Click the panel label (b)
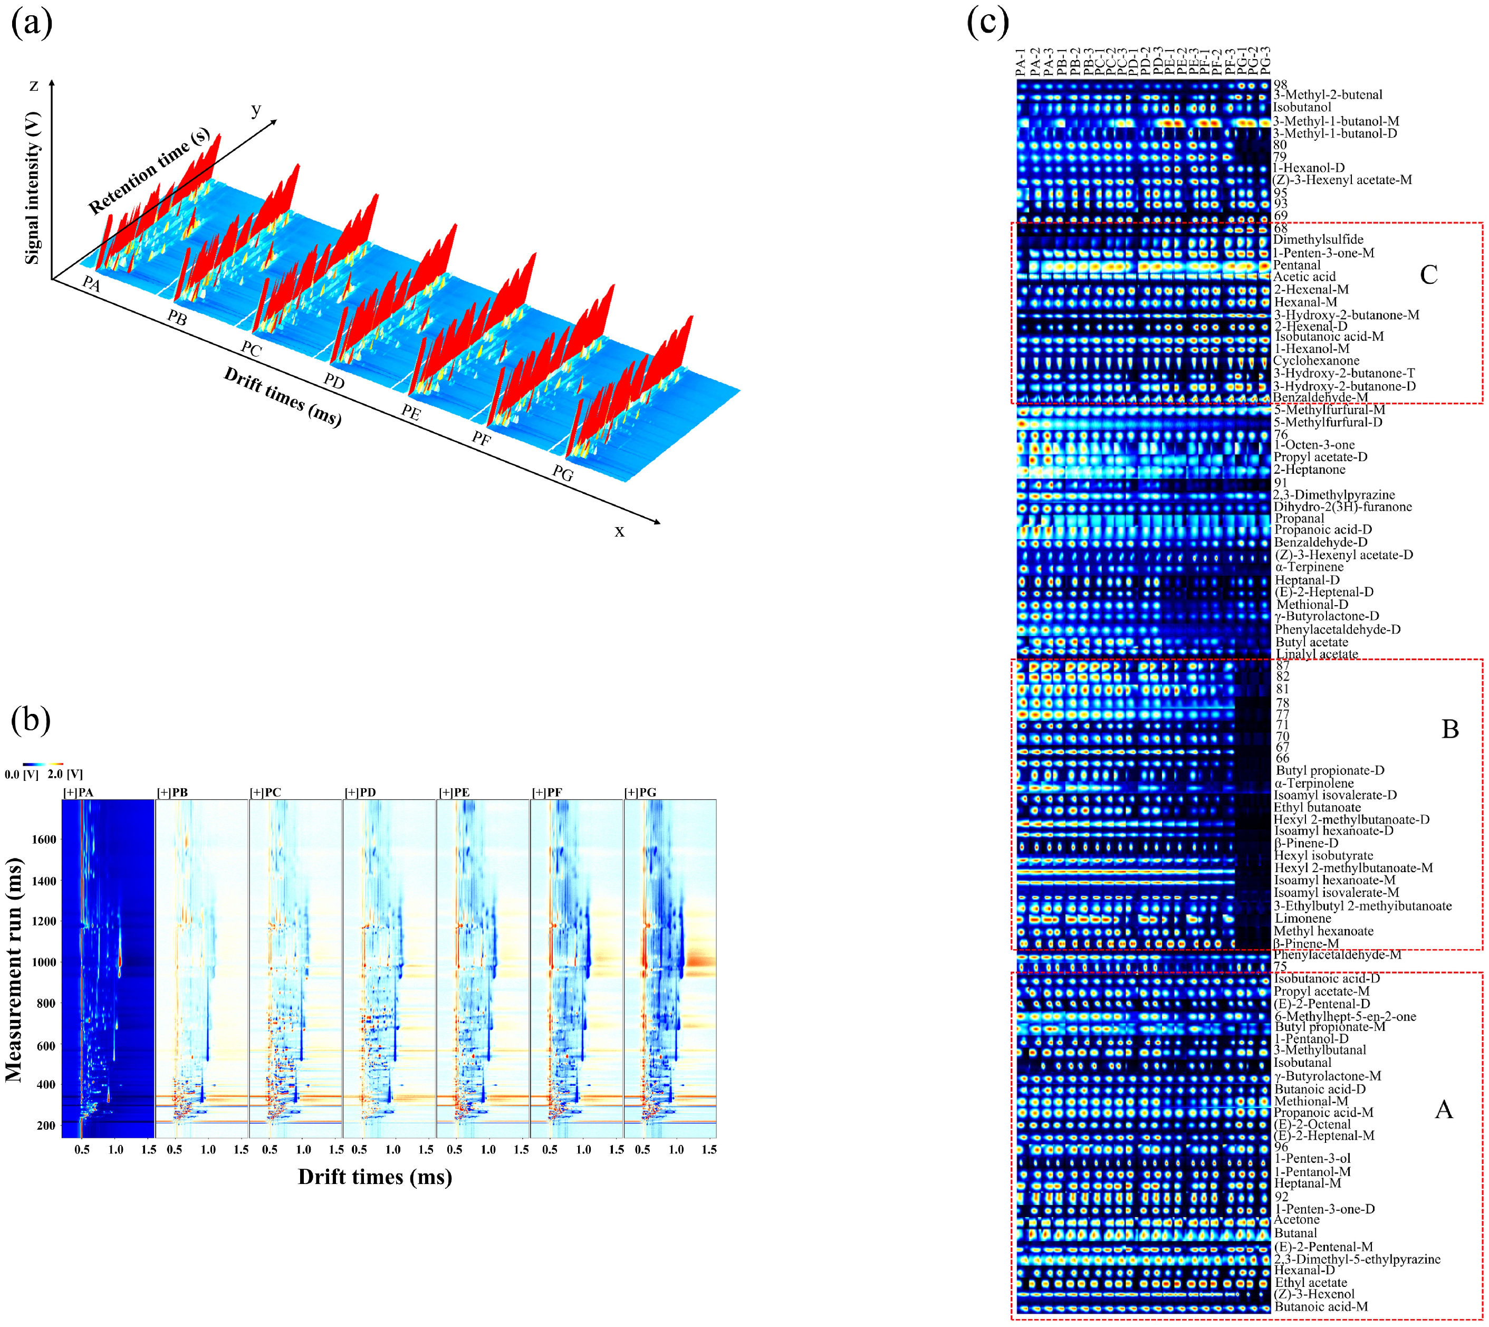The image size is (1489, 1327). click(31, 720)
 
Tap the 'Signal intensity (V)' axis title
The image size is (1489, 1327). click(32, 188)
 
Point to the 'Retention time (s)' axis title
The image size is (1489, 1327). click(149, 172)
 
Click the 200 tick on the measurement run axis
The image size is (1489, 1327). click(46, 1125)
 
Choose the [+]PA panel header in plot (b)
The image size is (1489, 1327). click(78, 793)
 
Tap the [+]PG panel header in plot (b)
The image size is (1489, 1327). click(641, 793)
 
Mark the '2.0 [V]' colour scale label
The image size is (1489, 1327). click(65, 775)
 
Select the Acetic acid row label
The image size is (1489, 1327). click(1304, 277)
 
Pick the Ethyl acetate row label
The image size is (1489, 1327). click(1310, 1283)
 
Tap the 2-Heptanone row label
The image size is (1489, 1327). click(1309, 470)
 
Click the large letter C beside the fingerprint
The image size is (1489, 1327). click(1428, 275)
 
